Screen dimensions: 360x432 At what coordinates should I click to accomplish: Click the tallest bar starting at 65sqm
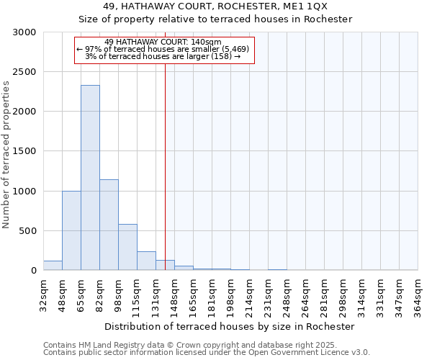pos(90,178)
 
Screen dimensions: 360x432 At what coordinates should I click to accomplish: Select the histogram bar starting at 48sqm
pos(71,230)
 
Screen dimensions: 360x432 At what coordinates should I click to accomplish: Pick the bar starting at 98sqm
pos(127,247)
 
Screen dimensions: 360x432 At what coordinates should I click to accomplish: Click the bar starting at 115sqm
pos(146,261)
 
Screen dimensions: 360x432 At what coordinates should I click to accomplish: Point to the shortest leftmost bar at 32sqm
pos(53,266)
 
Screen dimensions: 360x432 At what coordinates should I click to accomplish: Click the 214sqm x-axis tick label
pos(249,294)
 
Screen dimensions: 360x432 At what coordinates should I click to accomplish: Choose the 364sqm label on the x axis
pos(418,294)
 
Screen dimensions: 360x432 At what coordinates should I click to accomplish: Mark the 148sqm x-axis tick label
pos(174,294)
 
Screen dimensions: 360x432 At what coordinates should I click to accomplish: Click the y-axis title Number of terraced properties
pos(6,155)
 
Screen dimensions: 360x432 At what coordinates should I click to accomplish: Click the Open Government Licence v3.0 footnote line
pos(207,353)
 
